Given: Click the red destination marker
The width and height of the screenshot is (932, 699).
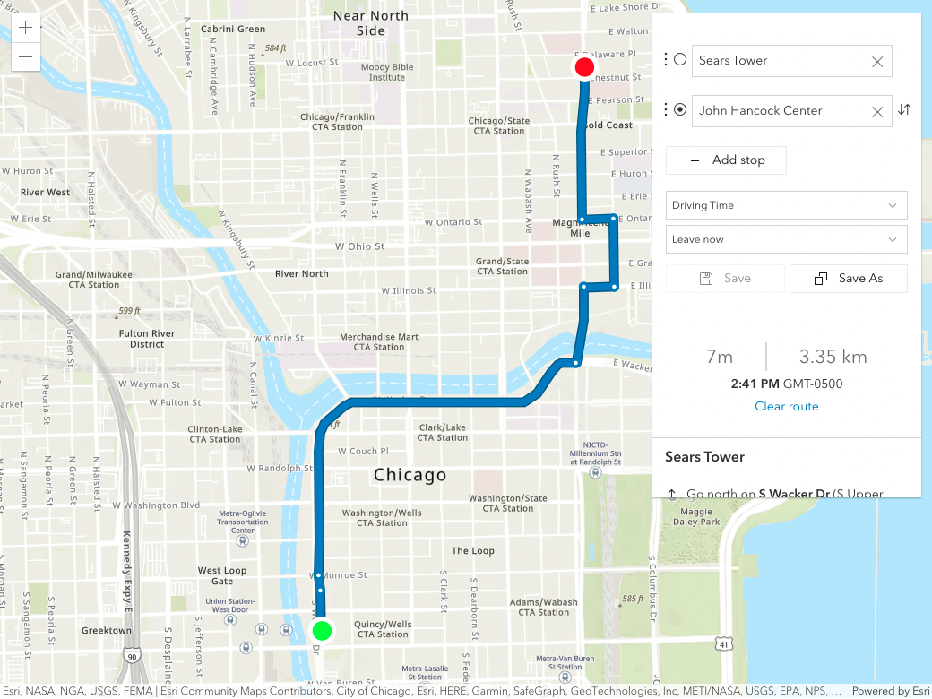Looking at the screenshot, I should pyautogui.click(x=584, y=67).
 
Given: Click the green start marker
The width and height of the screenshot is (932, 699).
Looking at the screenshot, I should pyautogui.click(x=323, y=630).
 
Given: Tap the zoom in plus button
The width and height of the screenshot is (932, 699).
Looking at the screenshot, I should pyautogui.click(x=25, y=28).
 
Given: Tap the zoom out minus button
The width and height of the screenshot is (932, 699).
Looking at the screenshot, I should pyautogui.click(x=25, y=57).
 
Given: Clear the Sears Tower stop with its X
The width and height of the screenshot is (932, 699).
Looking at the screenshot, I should pyautogui.click(x=877, y=62).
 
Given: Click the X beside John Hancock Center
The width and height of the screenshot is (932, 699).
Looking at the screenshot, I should pyautogui.click(x=877, y=111).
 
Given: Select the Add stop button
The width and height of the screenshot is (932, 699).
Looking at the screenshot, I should pyautogui.click(x=727, y=160).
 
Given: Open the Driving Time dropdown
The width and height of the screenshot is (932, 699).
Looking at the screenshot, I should pyautogui.click(x=786, y=205).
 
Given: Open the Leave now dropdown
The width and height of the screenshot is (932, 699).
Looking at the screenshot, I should pyautogui.click(x=786, y=239).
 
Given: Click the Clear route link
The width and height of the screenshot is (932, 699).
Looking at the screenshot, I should pyautogui.click(x=786, y=406).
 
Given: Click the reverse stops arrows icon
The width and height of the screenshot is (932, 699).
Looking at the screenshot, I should pyautogui.click(x=904, y=109).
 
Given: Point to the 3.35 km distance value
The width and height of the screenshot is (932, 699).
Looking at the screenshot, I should pyautogui.click(x=833, y=357).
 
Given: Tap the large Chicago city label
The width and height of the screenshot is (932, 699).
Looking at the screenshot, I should pyautogui.click(x=410, y=474).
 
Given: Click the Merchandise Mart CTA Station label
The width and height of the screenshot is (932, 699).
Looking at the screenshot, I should pyautogui.click(x=378, y=341).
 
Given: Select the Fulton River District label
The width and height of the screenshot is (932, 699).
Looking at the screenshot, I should pyautogui.click(x=147, y=338).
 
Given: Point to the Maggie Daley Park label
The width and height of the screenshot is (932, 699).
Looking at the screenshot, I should pyautogui.click(x=696, y=515).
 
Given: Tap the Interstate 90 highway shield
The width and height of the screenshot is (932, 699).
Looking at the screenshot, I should pyautogui.click(x=132, y=657).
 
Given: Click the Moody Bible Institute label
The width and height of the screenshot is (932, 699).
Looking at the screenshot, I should pyautogui.click(x=387, y=72).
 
